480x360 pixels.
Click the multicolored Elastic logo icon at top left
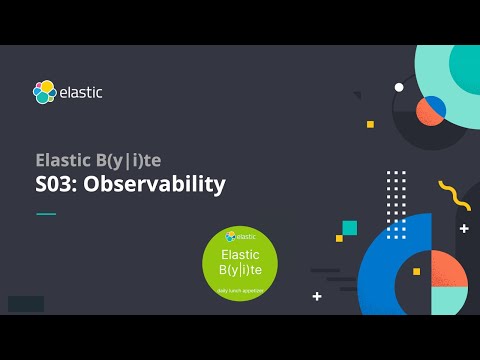pyautogui.click(x=44, y=92)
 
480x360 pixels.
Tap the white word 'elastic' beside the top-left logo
pyautogui.click(x=81, y=93)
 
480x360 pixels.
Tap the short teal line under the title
pyautogui.click(x=46, y=213)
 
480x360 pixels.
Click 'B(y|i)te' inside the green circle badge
pyautogui.click(x=239, y=271)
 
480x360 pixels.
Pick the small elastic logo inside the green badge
pyautogui.click(x=230, y=237)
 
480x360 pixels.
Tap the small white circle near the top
pyautogui.click(x=399, y=88)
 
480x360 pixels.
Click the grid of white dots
pyautogui.click(x=396, y=191)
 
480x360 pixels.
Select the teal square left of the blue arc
pyautogui.click(x=349, y=228)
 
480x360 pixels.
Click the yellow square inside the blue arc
pyautogui.click(x=416, y=271)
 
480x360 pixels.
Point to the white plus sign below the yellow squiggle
pyautogui.click(x=464, y=228)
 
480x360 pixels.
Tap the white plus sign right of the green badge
pyautogui.click(x=317, y=296)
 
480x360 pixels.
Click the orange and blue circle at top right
pyautogui.click(x=430, y=110)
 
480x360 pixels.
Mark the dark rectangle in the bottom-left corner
pyautogui.click(x=25, y=303)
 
